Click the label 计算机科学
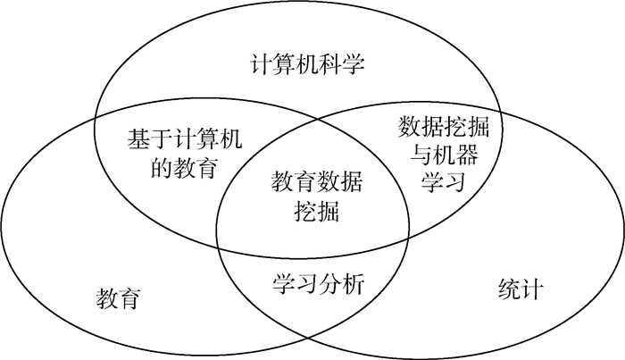coord(307,65)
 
